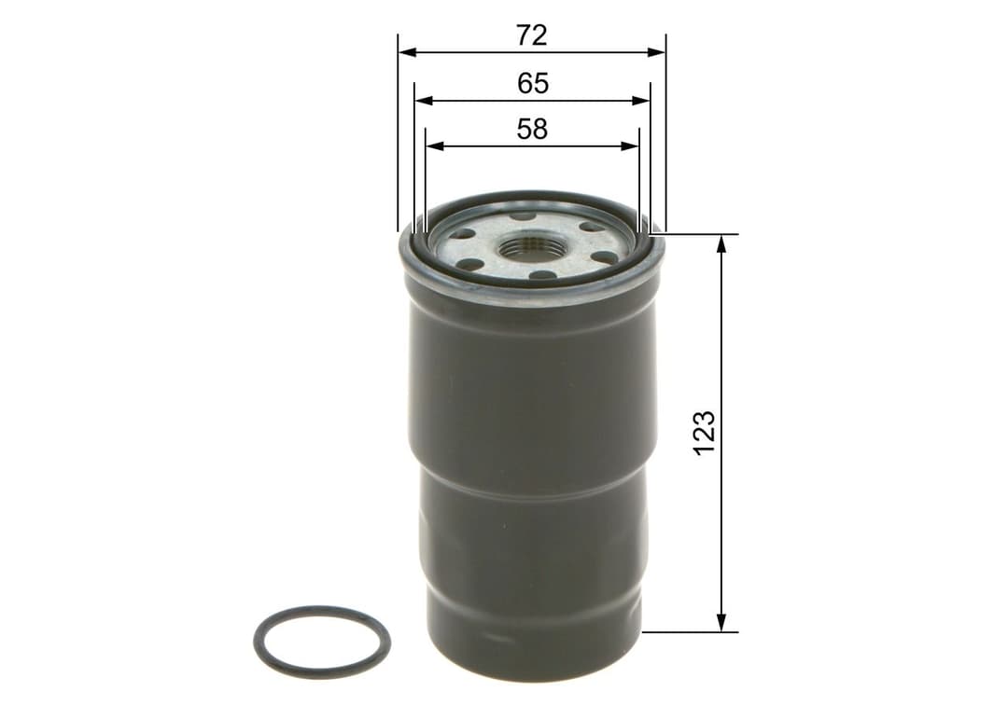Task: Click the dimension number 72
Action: point(531,35)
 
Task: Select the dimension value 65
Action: point(532,84)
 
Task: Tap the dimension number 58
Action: point(532,129)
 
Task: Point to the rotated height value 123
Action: point(705,432)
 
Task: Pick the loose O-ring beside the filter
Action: point(322,643)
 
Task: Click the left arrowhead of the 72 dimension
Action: point(405,53)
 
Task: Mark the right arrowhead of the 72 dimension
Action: point(659,53)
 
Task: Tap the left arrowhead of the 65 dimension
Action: point(422,100)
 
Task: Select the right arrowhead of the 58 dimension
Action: point(632,145)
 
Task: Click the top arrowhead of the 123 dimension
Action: point(721,242)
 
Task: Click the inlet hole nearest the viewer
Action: point(541,275)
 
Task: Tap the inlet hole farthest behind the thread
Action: point(524,216)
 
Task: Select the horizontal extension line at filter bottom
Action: point(691,631)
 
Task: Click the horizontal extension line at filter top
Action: point(700,234)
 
